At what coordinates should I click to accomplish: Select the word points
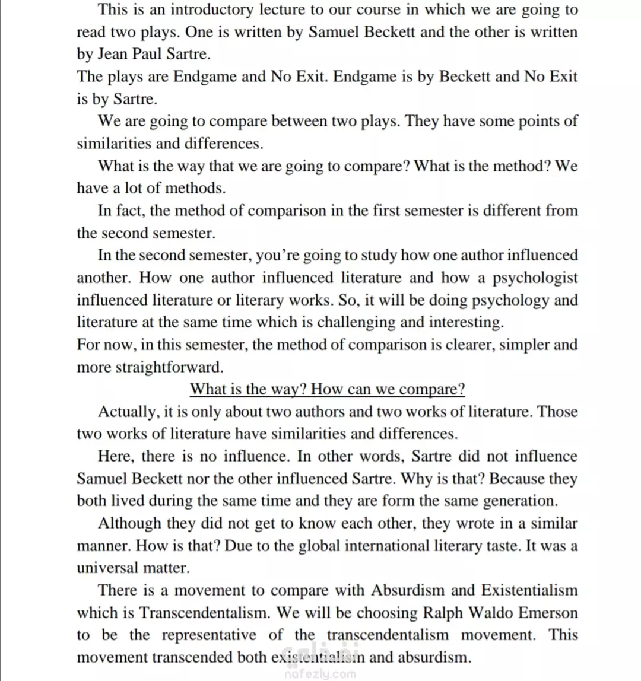[x=525, y=121]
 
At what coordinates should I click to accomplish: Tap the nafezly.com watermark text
[x=320, y=673]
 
